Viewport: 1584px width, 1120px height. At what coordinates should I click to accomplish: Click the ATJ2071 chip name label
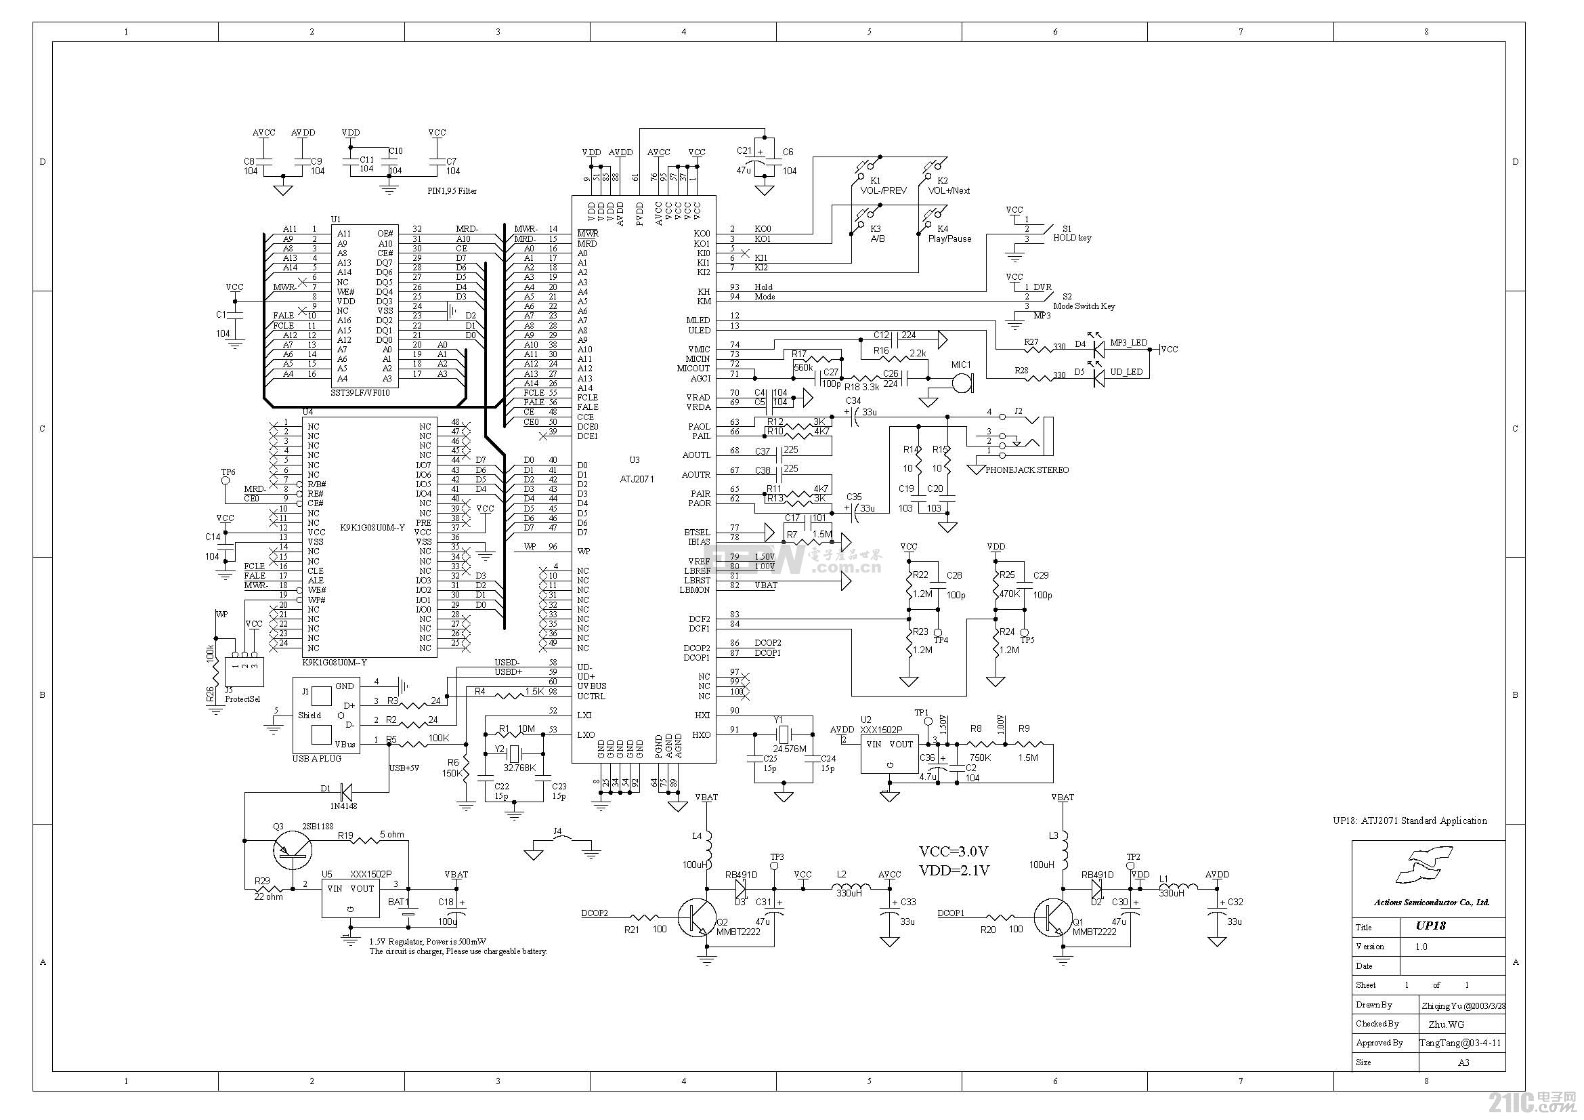(x=637, y=479)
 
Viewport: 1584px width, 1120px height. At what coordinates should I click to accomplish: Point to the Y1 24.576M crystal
(x=782, y=734)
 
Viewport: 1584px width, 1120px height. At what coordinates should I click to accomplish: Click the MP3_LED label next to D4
(x=1128, y=342)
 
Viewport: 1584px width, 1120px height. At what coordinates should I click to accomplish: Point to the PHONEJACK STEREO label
(x=1027, y=470)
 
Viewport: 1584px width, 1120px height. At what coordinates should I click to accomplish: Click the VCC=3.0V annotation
(x=954, y=851)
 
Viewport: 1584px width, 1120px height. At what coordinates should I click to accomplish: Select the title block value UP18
(x=1431, y=926)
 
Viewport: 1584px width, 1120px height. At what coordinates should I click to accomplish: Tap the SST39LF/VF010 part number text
(x=360, y=393)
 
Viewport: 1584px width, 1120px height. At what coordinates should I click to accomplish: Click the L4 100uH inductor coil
(x=707, y=846)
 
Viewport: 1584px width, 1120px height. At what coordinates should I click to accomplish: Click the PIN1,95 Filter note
(x=452, y=191)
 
